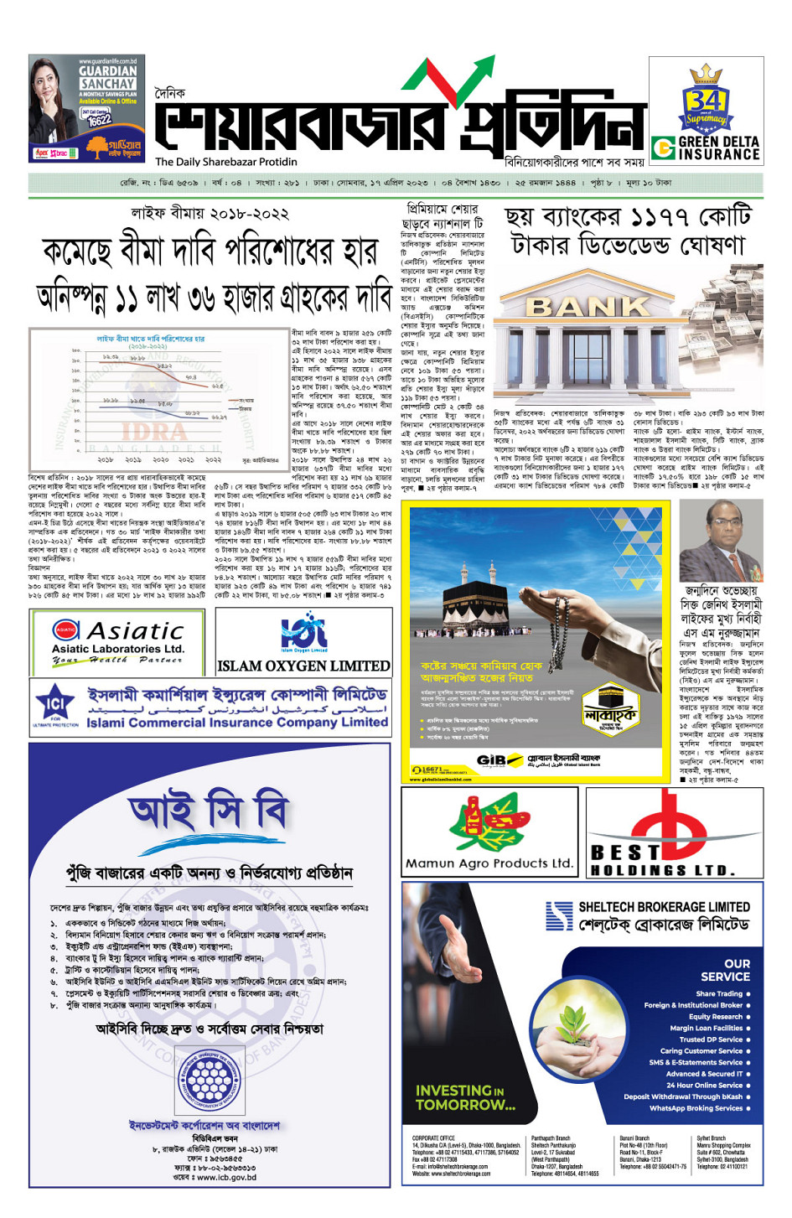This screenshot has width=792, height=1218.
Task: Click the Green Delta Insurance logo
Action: (707, 148)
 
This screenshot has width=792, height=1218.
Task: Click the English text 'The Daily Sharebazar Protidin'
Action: (225, 162)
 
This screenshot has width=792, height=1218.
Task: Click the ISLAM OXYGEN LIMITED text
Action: (303, 666)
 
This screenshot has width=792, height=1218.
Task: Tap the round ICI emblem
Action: (55, 703)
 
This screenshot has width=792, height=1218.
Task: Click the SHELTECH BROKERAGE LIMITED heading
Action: (664, 907)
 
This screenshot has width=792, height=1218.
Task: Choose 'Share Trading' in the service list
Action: (719, 993)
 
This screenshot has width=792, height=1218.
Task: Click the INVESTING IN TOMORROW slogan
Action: (465, 1097)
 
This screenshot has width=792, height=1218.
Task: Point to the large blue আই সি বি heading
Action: (209, 812)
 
